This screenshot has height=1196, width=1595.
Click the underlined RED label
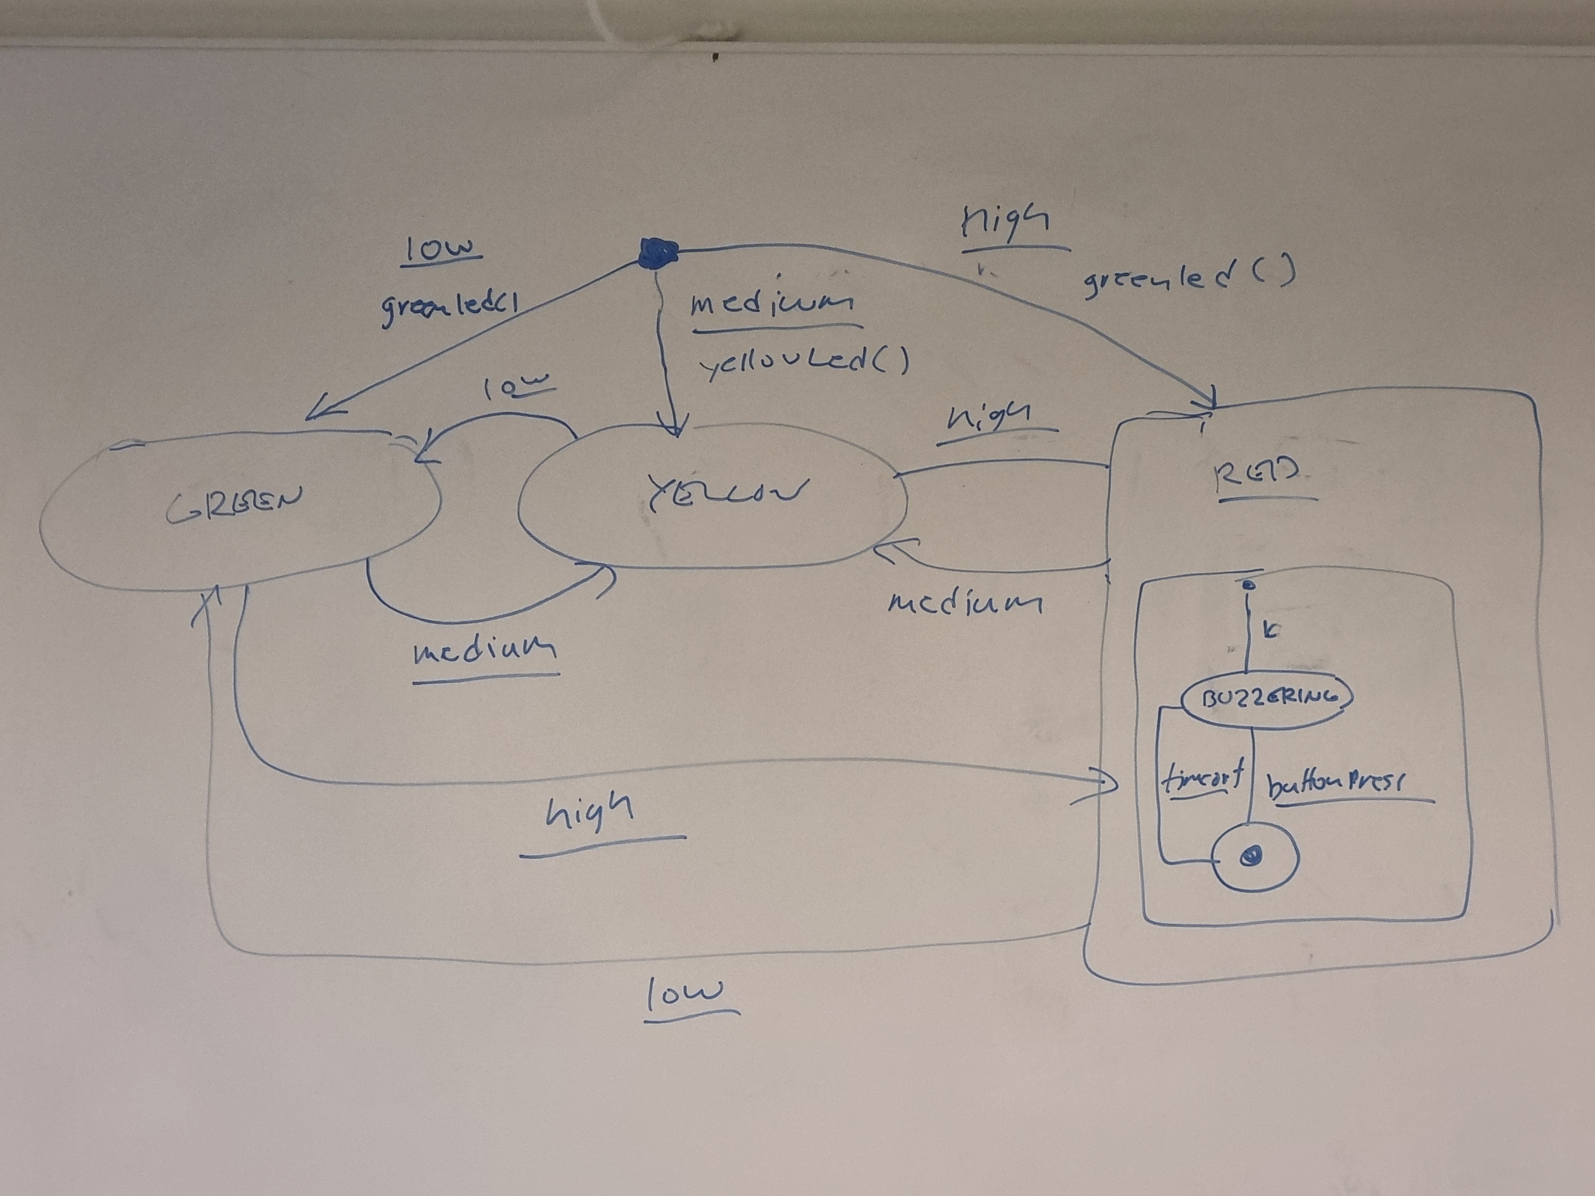1258,477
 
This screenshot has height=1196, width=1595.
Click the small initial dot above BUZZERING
1250,585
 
